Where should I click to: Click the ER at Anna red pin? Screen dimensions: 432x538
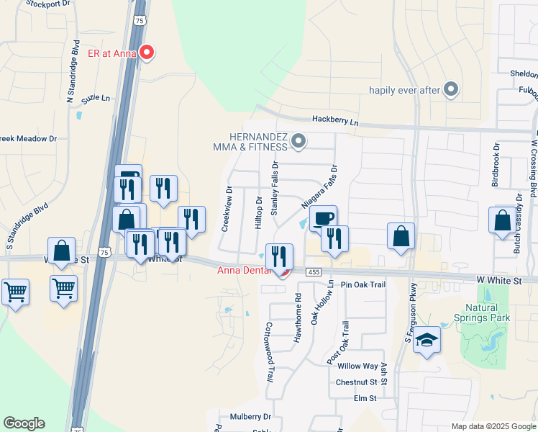pos(148,52)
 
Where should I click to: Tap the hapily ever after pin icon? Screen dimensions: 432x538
pos(451,89)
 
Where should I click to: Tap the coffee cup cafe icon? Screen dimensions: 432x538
pos(324,218)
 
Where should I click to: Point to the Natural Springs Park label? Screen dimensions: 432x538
pos(482,312)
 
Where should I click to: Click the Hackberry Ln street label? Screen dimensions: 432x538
pos(334,122)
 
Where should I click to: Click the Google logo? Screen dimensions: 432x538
pos(24,423)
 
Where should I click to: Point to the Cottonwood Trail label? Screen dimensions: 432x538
pos(270,351)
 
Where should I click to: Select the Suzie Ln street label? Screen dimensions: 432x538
pos(96,98)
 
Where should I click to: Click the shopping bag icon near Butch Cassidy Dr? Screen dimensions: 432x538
pos(501,221)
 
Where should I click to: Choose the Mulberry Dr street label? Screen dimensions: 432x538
pos(250,416)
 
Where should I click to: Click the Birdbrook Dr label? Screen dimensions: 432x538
pos(495,170)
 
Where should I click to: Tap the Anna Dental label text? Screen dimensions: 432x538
pos(242,270)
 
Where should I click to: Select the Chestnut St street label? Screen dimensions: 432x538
pos(356,382)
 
